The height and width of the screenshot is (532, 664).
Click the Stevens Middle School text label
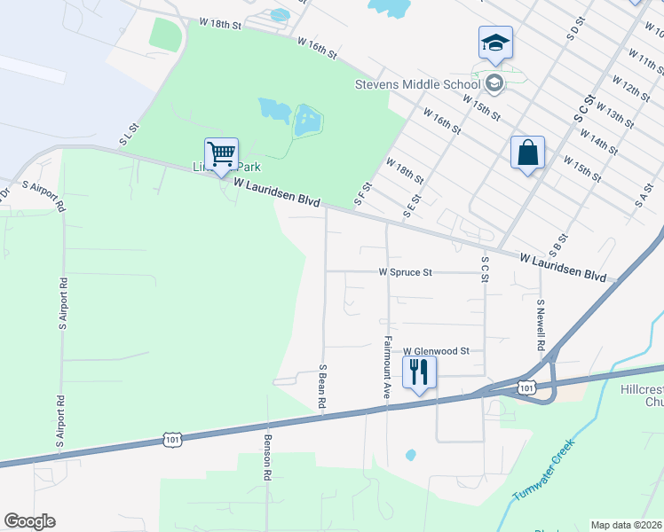click(x=416, y=85)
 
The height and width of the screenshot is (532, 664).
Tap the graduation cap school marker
click(x=495, y=43)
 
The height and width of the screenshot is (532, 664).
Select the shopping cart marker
click(x=221, y=154)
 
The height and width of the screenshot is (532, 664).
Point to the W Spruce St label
click(x=405, y=272)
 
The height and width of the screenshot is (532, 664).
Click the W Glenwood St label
click(x=436, y=351)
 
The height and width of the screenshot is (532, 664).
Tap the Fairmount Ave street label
click(x=387, y=367)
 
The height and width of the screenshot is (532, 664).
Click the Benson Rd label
click(x=266, y=457)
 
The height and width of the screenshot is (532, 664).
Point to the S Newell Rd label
click(x=540, y=323)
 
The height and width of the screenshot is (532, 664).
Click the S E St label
click(x=410, y=206)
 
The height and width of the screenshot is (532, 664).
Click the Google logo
click(x=29, y=521)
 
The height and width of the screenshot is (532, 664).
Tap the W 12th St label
click(x=629, y=90)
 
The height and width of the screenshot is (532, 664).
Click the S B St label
click(x=558, y=237)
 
